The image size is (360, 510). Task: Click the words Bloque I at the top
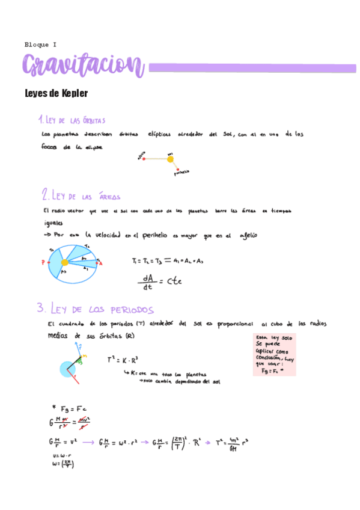tap(40, 45)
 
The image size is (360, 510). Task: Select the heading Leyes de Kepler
tap(56, 94)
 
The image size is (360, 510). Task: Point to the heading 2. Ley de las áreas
tap(81, 195)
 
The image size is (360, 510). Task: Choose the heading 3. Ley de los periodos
tap(95, 309)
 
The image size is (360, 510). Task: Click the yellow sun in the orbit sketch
tap(170, 159)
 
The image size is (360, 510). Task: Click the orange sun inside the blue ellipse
tap(64, 262)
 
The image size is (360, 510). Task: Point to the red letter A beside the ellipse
tap(100, 263)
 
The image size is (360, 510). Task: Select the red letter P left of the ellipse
tap(43, 263)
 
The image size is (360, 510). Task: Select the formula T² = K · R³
tap(123, 360)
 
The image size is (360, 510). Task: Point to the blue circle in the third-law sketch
tap(68, 369)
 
